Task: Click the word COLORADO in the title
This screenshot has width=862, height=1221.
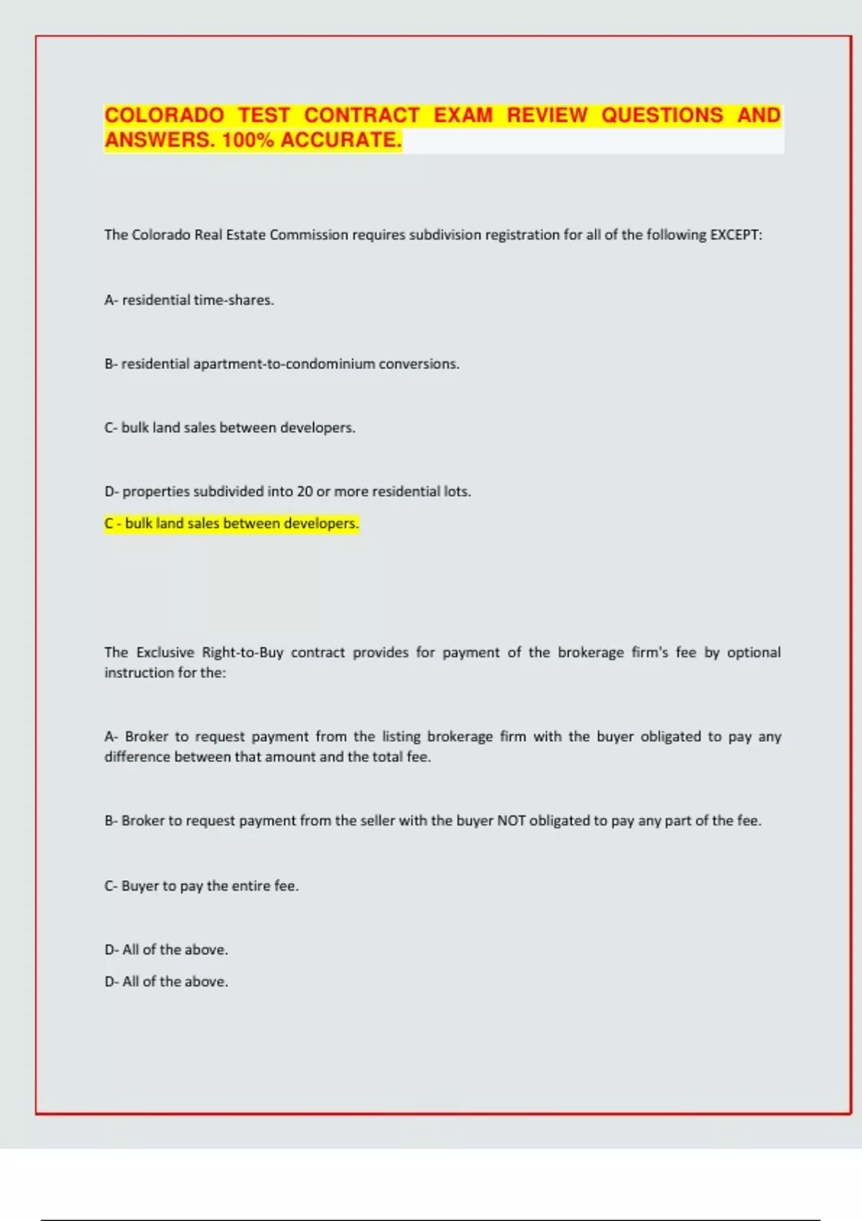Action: (x=164, y=116)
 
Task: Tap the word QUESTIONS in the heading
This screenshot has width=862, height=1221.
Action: (x=662, y=116)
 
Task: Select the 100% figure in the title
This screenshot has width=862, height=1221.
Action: (x=248, y=140)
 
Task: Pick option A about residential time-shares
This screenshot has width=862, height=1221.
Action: (x=189, y=300)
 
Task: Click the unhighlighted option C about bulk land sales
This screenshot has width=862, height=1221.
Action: (x=230, y=428)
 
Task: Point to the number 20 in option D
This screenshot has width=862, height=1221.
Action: (x=305, y=492)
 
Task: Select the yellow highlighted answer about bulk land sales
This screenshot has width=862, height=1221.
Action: (x=231, y=524)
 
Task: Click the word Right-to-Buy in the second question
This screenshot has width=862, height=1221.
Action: (x=242, y=653)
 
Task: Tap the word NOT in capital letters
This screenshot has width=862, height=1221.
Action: (x=511, y=821)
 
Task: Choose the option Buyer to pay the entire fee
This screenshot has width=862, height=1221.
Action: (x=201, y=886)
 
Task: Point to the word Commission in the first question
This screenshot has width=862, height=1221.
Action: (x=308, y=235)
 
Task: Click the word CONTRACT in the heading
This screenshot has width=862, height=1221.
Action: (x=362, y=116)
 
